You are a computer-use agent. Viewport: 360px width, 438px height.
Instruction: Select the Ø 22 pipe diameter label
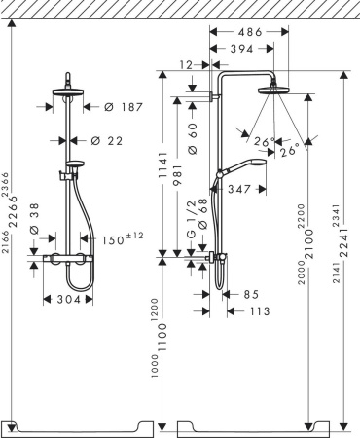110,141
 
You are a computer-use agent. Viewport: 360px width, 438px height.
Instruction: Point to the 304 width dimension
67,300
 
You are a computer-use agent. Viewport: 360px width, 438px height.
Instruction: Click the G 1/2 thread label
192,226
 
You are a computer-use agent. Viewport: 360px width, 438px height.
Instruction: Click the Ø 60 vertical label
193,137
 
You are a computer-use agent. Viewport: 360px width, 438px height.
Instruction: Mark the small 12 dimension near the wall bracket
186,65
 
